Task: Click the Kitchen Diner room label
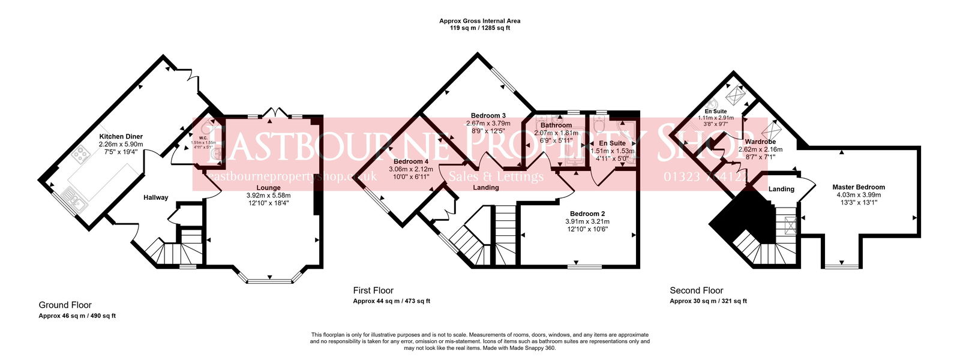pos(121,137)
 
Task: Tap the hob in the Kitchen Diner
pos(80,156)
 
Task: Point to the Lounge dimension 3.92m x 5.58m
pos(268,196)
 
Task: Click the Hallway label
pos(155,197)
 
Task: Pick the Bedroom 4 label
pos(411,162)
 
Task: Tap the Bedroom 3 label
pos(488,116)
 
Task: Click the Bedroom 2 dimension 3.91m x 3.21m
pos(587,221)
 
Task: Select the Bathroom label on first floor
pos(556,125)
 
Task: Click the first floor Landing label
pos(485,188)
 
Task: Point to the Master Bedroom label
pos(858,187)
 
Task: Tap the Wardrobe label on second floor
pos(760,142)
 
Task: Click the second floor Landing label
pos(781,189)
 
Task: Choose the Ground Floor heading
pos(65,305)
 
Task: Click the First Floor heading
pos(373,290)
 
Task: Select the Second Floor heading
pos(696,290)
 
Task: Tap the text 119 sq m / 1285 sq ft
pos(479,28)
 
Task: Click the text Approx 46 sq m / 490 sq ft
pos(77,316)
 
